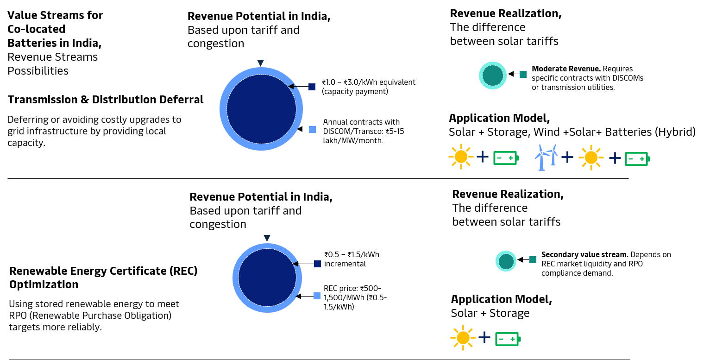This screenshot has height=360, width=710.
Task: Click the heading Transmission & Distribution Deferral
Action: coord(105,100)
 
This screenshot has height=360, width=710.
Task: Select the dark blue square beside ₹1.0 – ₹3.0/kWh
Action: coord(312,87)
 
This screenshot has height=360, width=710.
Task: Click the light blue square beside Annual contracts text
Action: coord(312,129)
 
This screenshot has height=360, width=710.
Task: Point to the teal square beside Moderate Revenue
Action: coord(523,74)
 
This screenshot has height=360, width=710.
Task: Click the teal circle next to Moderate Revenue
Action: coord(493,76)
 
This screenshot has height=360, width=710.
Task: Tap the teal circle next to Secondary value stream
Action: coord(506,261)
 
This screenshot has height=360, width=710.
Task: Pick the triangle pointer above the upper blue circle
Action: coord(261,63)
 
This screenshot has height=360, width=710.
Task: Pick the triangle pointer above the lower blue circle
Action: coord(267,238)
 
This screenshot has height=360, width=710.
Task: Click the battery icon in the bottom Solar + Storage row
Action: coord(508,339)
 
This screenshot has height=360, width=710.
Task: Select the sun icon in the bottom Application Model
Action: coord(463,338)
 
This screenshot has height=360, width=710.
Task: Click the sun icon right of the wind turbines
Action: coord(591,158)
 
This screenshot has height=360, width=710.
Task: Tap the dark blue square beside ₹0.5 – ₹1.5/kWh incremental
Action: coord(317,264)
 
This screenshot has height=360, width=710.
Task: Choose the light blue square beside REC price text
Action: coord(317,296)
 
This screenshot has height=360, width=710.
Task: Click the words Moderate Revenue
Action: coord(566,69)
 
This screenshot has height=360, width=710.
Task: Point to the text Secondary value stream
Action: coord(585,254)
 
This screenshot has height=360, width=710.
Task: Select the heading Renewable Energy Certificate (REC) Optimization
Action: coord(103,278)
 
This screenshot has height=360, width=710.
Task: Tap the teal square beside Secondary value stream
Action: coord(533,260)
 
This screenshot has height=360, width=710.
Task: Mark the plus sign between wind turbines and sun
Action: coord(567,157)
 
